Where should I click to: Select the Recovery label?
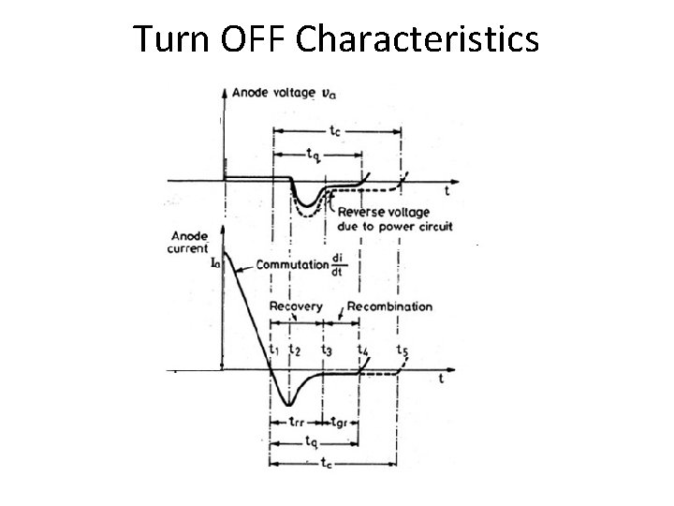pyautogui.click(x=295, y=306)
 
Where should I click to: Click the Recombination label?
pyautogui.click(x=389, y=306)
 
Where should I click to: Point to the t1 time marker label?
pyautogui.click(x=273, y=350)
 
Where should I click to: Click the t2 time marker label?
pyautogui.click(x=295, y=350)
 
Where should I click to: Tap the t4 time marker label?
pyautogui.click(x=362, y=350)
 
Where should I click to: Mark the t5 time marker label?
pyautogui.click(x=402, y=350)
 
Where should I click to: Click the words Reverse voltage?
pyautogui.click(x=380, y=212)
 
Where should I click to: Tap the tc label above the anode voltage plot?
pyautogui.click(x=335, y=132)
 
